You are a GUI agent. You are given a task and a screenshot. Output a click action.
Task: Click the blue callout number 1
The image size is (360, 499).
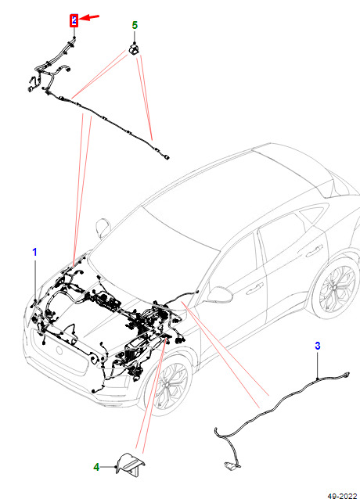coord(34,252)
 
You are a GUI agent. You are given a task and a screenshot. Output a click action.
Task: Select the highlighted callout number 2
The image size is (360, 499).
coord(74,20)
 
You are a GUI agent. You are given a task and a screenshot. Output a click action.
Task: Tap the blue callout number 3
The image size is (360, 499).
coord(317,346)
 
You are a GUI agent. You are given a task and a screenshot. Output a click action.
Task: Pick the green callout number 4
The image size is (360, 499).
coord(96,467)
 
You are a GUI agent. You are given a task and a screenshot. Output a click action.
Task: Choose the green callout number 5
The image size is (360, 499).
coord(135,25)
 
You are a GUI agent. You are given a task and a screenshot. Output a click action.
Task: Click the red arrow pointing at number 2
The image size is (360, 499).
coord(89,17)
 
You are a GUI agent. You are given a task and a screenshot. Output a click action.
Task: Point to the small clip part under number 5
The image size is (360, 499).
coord(135,50)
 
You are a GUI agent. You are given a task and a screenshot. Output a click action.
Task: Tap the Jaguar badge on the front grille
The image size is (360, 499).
coord(59,350)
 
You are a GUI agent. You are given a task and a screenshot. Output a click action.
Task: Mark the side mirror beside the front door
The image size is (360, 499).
coord(220,294)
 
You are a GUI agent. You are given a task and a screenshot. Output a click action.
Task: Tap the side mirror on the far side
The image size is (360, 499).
coord(103,228)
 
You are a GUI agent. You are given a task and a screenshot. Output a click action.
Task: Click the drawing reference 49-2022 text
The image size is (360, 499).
coord(343,496)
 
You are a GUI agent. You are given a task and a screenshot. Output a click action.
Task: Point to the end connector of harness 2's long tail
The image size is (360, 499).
coord(167,157)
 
